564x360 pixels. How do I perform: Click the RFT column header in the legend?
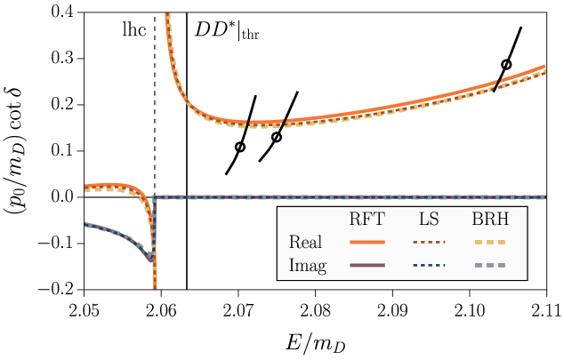pyautogui.click(x=367, y=220)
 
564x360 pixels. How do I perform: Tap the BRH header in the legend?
pyautogui.click(x=490, y=220)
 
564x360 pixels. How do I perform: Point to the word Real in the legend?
pyautogui.click(x=305, y=242)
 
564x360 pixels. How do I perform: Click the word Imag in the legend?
pyautogui.click(x=307, y=266)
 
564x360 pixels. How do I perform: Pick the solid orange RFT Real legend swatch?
pyautogui.click(x=367, y=242)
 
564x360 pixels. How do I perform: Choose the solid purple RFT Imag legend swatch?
pyautogui.click(x=367, y=266)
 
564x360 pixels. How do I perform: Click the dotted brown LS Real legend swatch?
pyautogui.click(x=429, y=242)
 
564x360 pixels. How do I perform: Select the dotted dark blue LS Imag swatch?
pyautogui.click(x=429, y=266)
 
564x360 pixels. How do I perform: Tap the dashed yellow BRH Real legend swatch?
pyautogui.click(x=489, y=242)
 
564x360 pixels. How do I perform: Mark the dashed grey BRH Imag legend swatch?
pyautogui.click(x=489, y=266)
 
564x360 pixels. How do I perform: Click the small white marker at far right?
pyautogui.click(x=506, y=65)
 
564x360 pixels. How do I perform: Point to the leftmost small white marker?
pyautogui.click(x=239, y=148)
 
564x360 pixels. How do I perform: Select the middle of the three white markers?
pyautogui.click(x=276, y=138)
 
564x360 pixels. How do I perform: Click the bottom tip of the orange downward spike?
pyautogui.click(x=155, y=286)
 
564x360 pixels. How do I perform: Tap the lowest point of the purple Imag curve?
pyautogui.click(x=151, y=259)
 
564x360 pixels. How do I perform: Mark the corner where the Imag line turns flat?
pyautogui.click(x=156, y=197)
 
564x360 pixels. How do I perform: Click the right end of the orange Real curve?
pyautogui.click(x=544, y=68)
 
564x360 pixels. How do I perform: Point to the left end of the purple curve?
pyautogui.click(x=85, y=224)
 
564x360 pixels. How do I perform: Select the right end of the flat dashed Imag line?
pyautogui.click(x=544, y=196)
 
